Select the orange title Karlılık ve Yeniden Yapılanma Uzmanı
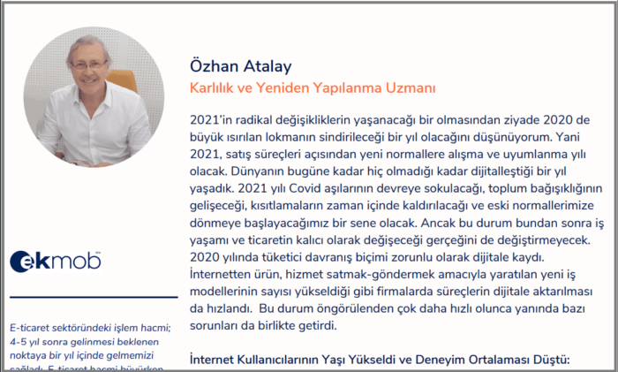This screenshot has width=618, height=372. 313,88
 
